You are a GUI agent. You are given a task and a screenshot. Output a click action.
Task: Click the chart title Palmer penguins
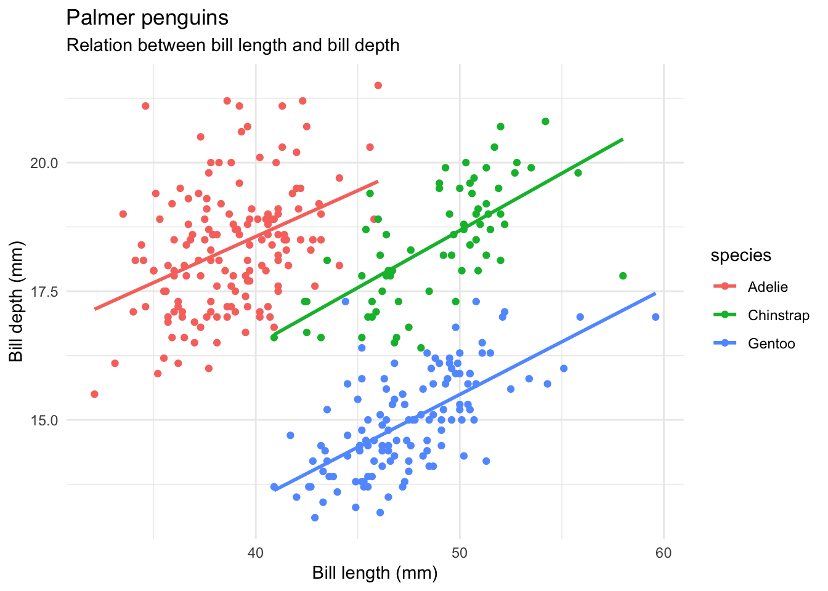pyautogui.click(x=147, y=18)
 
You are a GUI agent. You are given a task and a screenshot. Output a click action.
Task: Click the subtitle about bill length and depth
pyautogui.click(x=232, y=46)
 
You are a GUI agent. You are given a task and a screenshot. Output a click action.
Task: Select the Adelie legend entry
pyautogui.click(x=768, y=287)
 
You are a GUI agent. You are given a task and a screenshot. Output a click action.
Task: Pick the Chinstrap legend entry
pyautogui.click(x=778, y=315)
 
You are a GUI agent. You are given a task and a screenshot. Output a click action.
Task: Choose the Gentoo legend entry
pyautogui.click(x=771, y=344)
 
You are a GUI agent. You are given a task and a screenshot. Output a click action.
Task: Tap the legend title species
pyautogui.click(x=741, y=255)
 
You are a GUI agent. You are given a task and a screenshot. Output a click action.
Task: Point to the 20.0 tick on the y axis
pyautogui.click(x=45, y=163)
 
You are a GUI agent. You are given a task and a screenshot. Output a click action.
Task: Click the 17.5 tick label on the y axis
pyautogui.click(x=45, y=292)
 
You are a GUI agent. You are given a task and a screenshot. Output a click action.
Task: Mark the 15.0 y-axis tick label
pyautogui.click(x=45, y=420)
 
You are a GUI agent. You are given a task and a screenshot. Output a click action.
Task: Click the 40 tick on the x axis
pyautogui.click(x=255, y=553)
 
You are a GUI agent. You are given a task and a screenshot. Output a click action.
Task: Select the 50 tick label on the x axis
pyautogui.click(x=459, y=553)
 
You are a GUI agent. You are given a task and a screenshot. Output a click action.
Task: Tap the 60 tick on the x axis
pyautogui.click(x=664, y=553)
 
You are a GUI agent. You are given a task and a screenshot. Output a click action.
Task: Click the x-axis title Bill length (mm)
pyautogui.click(x=375, y=574)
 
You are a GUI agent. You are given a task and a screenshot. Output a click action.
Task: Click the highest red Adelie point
pyautogui.click(x=378, y=86)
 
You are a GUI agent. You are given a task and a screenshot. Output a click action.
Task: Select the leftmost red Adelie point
pyautogui.click(x=94, y=394)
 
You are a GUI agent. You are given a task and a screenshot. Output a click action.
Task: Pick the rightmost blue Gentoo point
pyautogui.click(x=655, y=317)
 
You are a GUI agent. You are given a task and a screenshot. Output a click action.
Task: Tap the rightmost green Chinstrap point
pyautogui.click(x=623, y=276)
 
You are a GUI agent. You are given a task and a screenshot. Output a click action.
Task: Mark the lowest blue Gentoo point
pyautogui.click(x=315, y=518)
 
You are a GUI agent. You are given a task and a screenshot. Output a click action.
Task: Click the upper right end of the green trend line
pyautogui.click(x=622, y=140)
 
